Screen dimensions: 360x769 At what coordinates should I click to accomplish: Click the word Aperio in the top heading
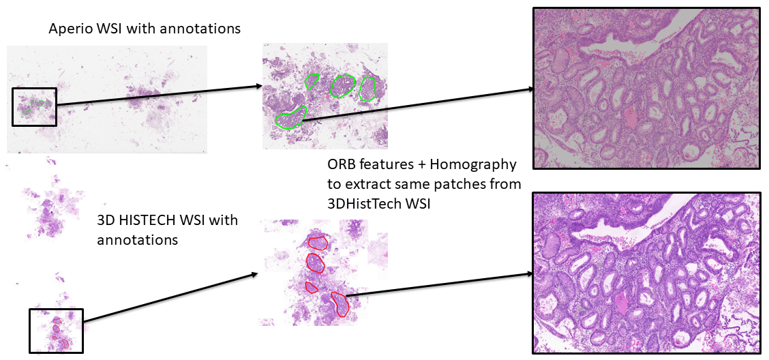click(67, 29)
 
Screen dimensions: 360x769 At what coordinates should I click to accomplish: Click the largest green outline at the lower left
click(291, 117)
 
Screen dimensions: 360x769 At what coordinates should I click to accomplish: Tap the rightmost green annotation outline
click(367, 89)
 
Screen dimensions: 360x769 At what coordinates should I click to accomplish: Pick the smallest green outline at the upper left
click(312, 81)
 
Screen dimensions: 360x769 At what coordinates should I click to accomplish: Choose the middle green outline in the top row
click(342, 85)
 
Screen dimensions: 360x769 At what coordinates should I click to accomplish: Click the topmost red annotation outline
click(318, 241)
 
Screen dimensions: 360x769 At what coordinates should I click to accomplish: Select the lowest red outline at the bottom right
click(340, 303)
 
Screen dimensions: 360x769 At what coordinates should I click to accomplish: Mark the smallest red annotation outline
click(312, 287)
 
